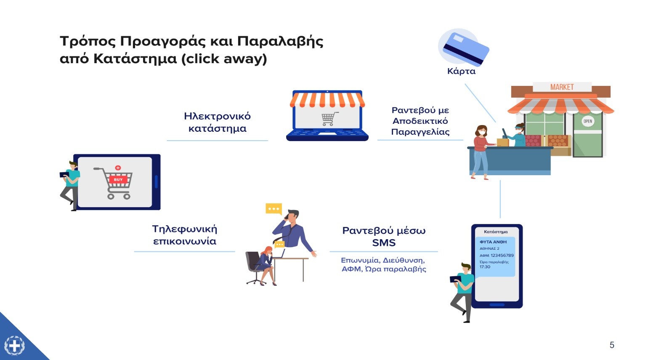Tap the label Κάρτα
click(x=461, y=71)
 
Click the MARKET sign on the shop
click(x=562, y=87)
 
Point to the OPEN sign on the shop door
click(x=588, y=121)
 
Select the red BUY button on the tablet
click(x=118, y=179)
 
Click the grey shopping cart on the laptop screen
click(x=329, y=119)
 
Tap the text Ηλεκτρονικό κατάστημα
click(x=217, y=122)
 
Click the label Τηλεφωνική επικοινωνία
click(x=184, y=235)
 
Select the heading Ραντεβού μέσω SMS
click(x=384, y=236)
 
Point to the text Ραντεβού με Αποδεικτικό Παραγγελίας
click(x=420, y=121)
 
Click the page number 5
click(x=612, y=345)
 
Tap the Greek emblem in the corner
click(x=14, y=345)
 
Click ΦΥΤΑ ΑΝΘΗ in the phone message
click(x=493, y=242)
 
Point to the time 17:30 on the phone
click(x=485, y=267)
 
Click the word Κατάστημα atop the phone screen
click(x=496, y=232)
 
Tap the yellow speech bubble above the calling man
click(x=274, y=209)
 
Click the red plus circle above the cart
click(x=118, y=168)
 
